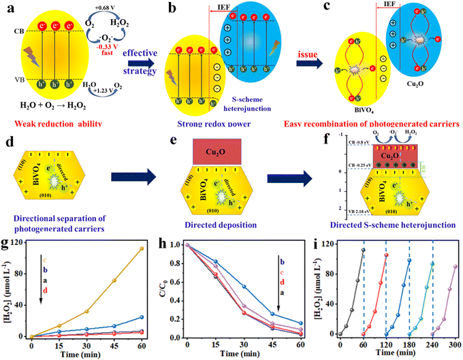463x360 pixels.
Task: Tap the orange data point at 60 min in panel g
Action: pyautogui.click(x=142, y=248)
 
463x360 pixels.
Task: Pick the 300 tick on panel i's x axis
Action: pyautogui.click(x=456, y=344)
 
